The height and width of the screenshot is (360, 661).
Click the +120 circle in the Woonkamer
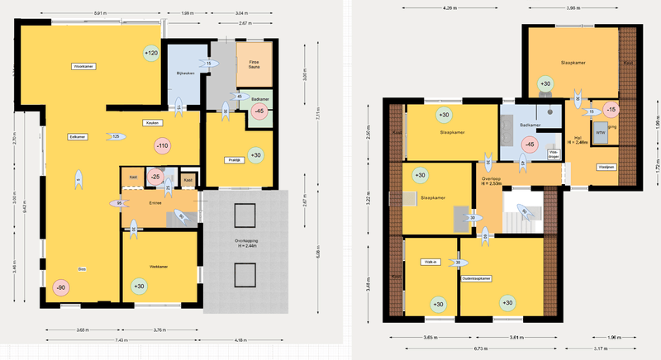151,54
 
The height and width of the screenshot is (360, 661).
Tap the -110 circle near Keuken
162,146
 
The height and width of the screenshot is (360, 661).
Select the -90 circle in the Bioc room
60,287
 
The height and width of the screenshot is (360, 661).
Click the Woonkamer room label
83,65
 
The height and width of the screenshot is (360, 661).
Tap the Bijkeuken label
184,73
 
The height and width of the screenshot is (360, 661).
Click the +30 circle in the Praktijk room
255,154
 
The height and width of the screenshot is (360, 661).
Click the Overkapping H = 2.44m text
244,244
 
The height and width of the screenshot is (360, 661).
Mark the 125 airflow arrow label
116,135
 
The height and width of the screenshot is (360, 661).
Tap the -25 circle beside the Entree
155,177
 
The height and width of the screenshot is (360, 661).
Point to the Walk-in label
430,262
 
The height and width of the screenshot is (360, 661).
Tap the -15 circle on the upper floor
611,109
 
